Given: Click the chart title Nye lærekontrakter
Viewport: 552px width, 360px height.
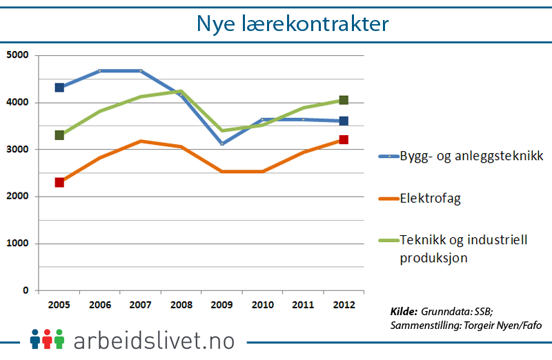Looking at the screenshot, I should pos(293,23).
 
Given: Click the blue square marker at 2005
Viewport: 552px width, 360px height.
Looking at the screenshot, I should pos(59,88).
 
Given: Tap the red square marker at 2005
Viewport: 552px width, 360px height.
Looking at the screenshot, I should pos(59,182).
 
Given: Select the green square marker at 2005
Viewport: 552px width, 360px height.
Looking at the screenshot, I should pos(59,135).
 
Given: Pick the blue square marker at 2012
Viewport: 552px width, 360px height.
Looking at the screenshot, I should pos(344,121).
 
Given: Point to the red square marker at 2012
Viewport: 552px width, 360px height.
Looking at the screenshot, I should pos(344,140).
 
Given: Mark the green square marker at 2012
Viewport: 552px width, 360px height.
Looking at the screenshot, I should pos(344,101).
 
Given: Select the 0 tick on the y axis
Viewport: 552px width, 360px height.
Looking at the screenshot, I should pos(25,290).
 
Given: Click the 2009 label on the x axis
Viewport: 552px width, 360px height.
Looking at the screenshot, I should pos(221,305).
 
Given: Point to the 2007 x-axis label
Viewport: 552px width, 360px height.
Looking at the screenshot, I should pos(140,305).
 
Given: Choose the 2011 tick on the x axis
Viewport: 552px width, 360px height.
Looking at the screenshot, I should pos(303,305).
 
